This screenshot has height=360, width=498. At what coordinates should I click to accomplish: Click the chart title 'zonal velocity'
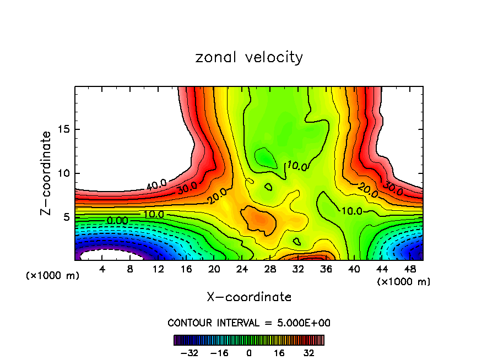coord(249,57)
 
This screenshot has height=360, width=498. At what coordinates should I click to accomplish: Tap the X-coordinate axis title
coord(249,297)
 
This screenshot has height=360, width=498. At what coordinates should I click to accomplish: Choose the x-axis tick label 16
coord(186,269)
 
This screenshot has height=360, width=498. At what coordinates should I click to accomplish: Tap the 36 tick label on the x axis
coord(326,269)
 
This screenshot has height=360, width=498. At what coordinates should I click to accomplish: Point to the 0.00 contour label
coord(117,220)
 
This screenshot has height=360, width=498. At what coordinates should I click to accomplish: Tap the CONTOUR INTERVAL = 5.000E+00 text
coord(249,323)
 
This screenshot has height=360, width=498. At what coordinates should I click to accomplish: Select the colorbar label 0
coord(249,353)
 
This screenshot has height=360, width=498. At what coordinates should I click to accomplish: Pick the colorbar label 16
coord(279,353)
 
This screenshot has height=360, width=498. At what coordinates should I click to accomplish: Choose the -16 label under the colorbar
coord(219,353)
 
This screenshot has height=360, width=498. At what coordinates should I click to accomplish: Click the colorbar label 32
coord(308,353)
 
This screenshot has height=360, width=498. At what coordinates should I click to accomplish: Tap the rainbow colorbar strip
coord(249,340)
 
